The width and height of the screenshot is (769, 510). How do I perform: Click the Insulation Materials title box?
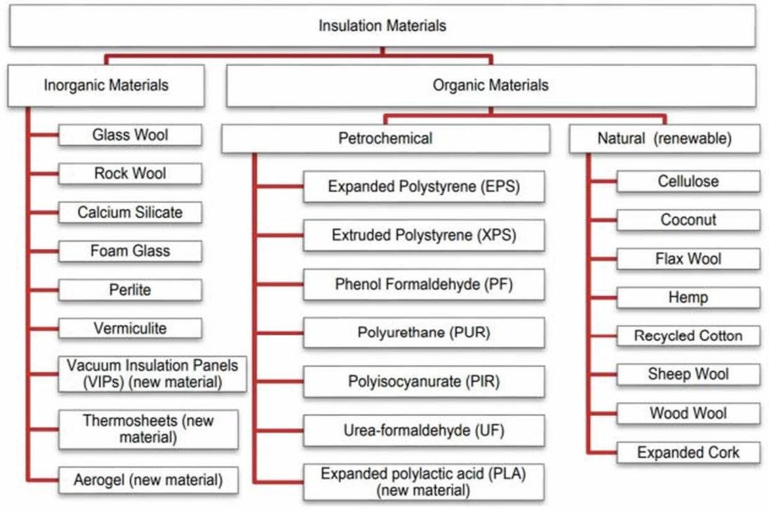pyautogui.click(x=382, y=26)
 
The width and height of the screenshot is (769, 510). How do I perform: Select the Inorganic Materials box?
pyautogui.click(x=106, y=86)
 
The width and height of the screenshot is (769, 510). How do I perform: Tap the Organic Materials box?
pyautogui.click(x=491, y=86)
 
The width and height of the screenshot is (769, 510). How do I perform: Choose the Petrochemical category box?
pyautogui.click(x=385, y=138)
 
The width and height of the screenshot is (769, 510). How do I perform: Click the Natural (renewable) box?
pyautogui.click(x=664, y=138)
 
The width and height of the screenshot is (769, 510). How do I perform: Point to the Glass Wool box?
pyautogui.click(x=130, y=135)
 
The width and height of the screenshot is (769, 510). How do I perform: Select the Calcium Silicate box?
pyautogui.click(x=130, y=213)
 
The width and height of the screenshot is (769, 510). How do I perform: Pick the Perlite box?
pyautogui.click(x=130, y=290)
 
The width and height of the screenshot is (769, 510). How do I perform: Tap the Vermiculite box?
pyautogui.click(x=130, y=328)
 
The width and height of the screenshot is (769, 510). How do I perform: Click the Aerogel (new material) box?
pyautogui.click(x=148, y=480)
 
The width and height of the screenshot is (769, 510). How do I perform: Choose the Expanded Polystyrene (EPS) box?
pyautogui.click(x=424, y=187)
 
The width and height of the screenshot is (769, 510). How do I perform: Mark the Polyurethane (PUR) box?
pyautogui.click(x=424, y=333)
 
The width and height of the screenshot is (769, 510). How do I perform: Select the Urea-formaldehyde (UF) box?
pyautogui.click(x=424, y=431)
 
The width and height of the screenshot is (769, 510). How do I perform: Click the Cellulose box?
pyautogui.click(x=688, y=182)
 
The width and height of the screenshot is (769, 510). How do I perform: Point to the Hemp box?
pyautogui.click(x=688, y=297)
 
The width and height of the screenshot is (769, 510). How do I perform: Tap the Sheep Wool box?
pyautogui.click(x=688, y=374)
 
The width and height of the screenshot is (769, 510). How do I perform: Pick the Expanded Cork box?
pyautogui.click(x=688, y=452)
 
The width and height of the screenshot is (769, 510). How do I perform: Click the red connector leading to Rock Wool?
pyautogui.click(x=44, y=173)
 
